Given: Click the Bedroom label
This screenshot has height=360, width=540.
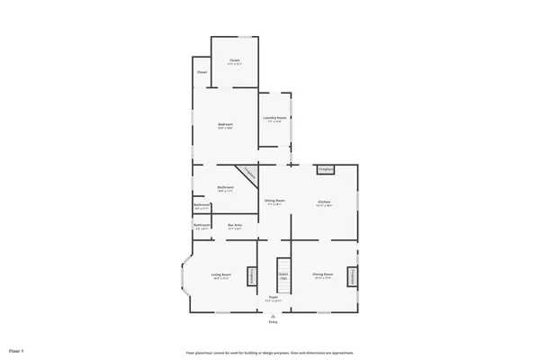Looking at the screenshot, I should [x=225, y=124].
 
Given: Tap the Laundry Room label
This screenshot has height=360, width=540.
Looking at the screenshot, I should [x=274, y=118].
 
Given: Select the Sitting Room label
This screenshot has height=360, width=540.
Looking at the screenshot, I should [x=274, y=200].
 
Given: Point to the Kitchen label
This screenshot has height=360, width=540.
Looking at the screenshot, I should [x=324, y=200].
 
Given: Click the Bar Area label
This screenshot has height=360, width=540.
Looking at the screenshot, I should [x=235, y=225].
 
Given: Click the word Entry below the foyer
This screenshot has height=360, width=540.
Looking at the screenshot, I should [x=273, y=321].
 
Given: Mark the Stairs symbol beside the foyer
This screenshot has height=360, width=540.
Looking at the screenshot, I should [x=283, y=278].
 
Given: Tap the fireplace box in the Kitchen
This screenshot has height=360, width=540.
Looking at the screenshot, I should [x=325, y=168].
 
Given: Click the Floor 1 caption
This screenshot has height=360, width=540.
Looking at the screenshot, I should [x=17, y=348].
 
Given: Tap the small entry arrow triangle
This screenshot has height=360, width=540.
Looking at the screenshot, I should [x=273, y=315].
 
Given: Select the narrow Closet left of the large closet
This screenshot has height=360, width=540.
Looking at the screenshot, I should [x=202, y=72].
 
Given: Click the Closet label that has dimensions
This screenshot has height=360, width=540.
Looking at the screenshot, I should [x=234, y=61].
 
